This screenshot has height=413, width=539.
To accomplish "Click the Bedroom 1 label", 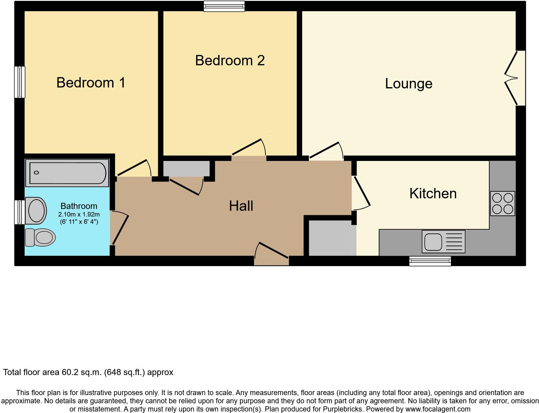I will tap(91, 83).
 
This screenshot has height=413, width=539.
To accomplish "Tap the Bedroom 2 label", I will tap(230, 60).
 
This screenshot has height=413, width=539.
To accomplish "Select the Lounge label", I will tap(408, 84).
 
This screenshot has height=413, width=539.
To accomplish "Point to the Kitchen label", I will tap(433, 193).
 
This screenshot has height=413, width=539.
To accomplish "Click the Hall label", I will tap(241, 206).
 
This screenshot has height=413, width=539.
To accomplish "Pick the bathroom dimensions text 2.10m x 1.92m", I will tap(79, 214).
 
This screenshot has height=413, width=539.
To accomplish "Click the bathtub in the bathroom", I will tap(67, 173).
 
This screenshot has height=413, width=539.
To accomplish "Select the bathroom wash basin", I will tap(36, 210).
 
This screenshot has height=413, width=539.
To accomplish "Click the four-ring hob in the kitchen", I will tap(502, 203).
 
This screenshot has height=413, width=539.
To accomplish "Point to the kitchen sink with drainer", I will tap(443, 242).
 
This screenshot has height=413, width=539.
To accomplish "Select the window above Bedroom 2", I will tap(224, 6).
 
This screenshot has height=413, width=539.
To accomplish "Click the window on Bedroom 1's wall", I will tap(20, 82).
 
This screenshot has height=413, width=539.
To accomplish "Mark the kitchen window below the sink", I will tap(430, 261).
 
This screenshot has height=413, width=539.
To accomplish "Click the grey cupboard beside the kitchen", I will tap(330, 238).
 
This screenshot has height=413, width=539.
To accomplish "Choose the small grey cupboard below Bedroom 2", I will tap(186, 169).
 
